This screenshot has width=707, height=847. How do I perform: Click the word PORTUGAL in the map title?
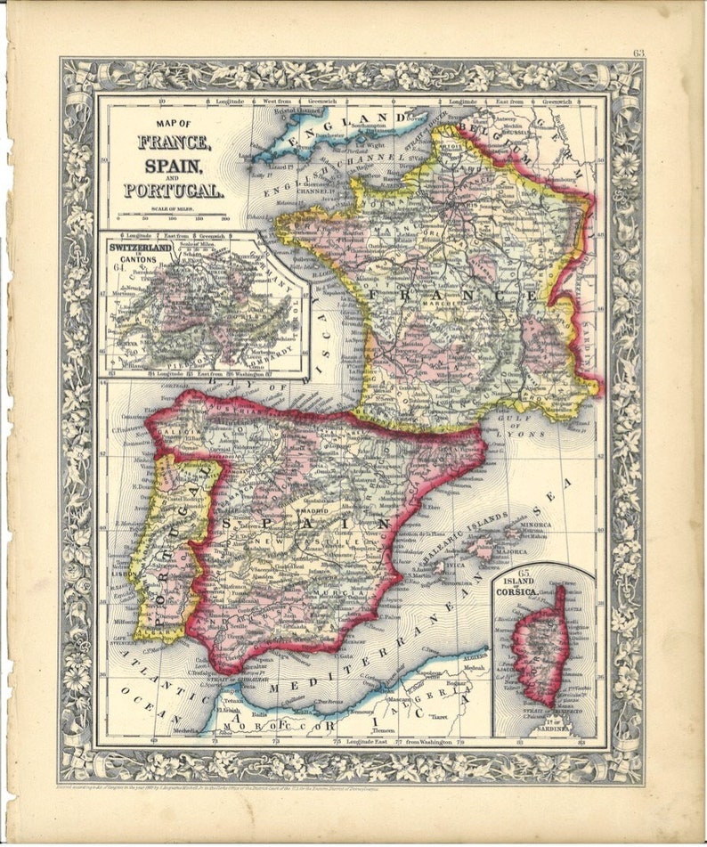(x=174, y=189)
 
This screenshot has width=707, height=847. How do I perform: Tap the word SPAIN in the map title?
(x=173, y=165)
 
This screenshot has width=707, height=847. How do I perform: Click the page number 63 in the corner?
(x=638, y=53)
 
